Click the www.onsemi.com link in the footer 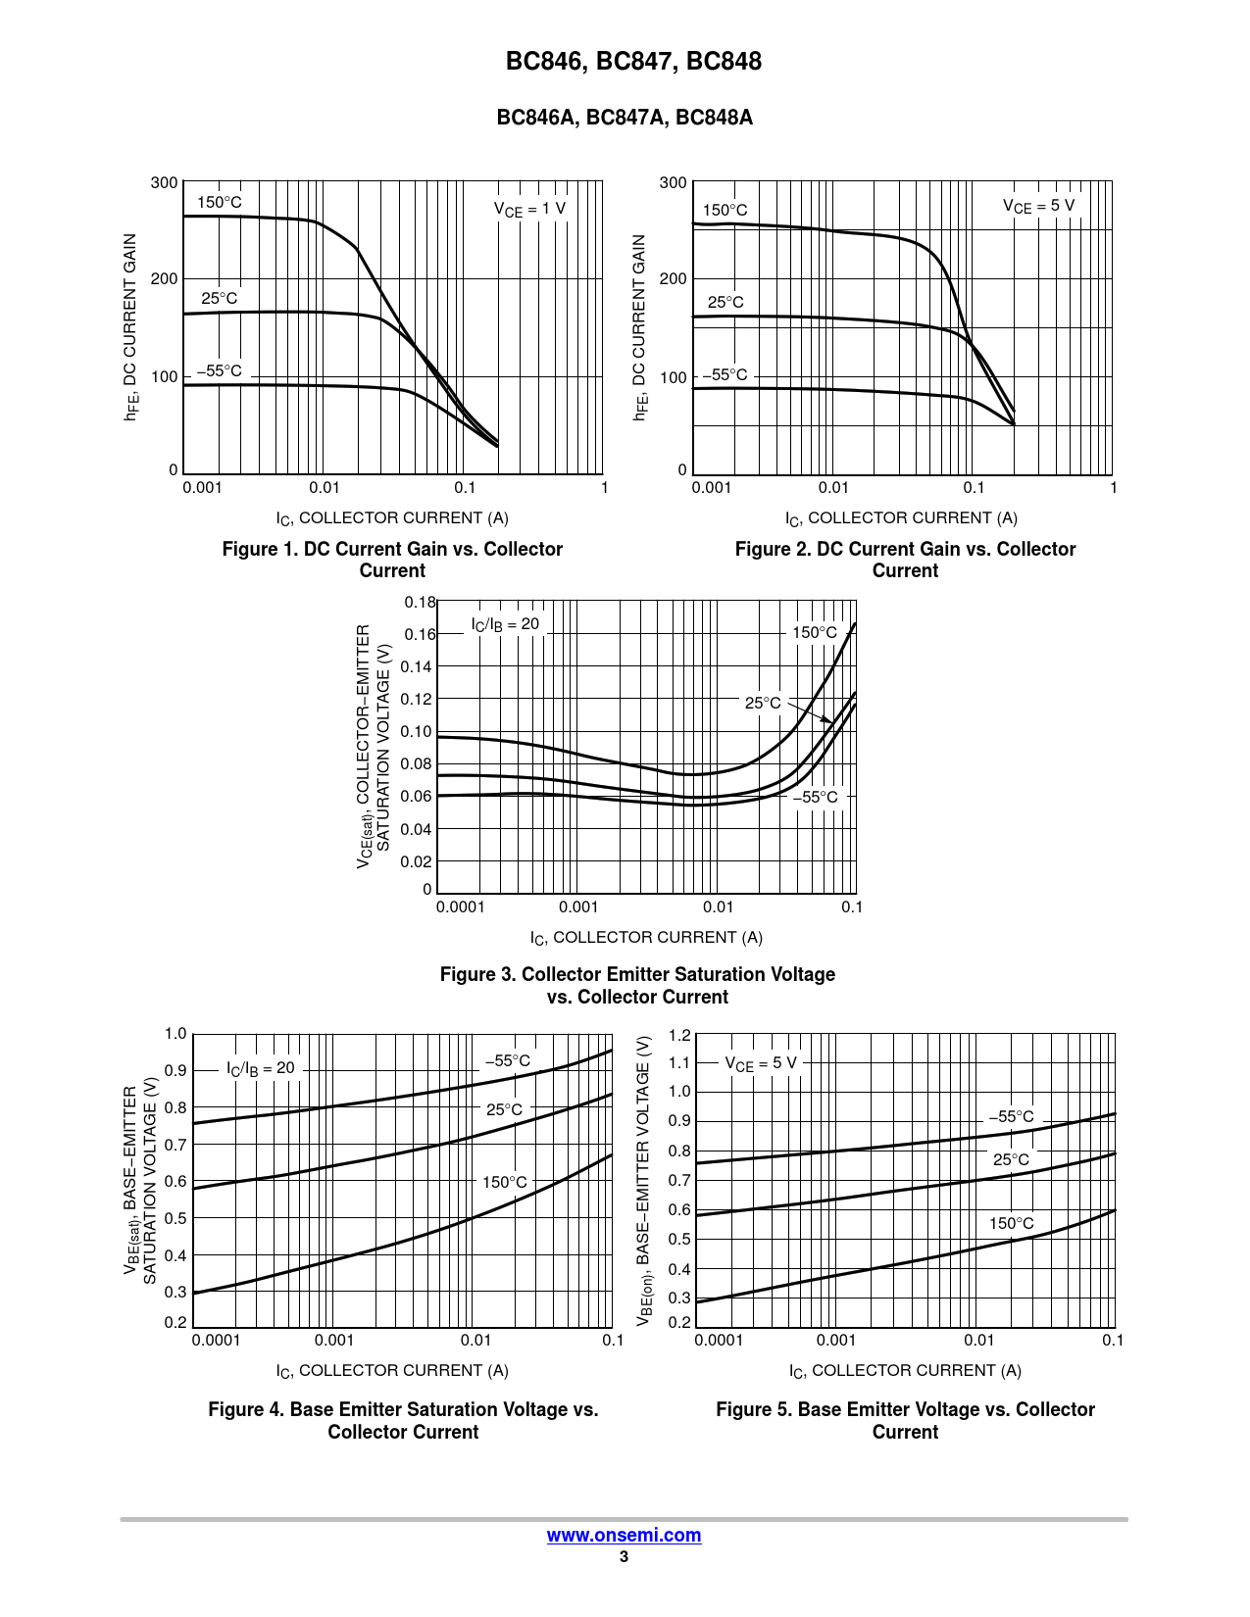coord(624,1536)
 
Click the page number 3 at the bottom coord(624,1557)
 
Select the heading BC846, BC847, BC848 coord(633,62)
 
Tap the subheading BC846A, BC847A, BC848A coord(625,118)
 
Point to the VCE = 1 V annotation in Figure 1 coord(529,209)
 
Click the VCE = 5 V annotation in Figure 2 coord(1038,206)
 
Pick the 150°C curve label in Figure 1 coord(220,203)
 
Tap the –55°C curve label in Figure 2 coord(725,375)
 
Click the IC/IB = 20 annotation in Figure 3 coord(505,624)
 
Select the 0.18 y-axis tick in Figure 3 coord(420,603)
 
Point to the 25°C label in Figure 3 coord(763,703)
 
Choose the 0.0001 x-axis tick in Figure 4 coord(216,1341)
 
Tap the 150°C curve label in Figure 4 coord(505,1182)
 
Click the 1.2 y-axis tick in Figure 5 coord(678,1035)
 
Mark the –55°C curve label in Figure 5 coord(1011,1116)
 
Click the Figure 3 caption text coord(637,985)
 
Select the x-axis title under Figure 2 coord(901,518)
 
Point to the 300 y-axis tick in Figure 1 coord(165,183)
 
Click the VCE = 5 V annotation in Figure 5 coord(761,1063)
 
